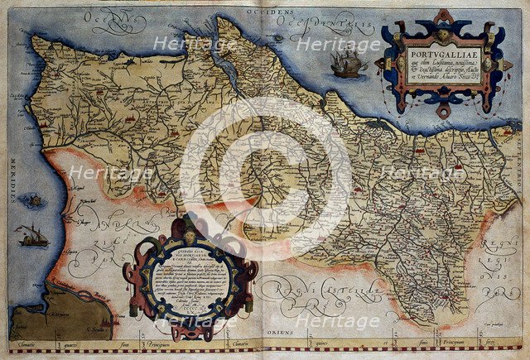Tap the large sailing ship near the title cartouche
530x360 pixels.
(x=349, y=63)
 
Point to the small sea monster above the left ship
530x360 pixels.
(x=34, y=199)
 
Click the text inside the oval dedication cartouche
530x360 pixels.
(x=189, y=277)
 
